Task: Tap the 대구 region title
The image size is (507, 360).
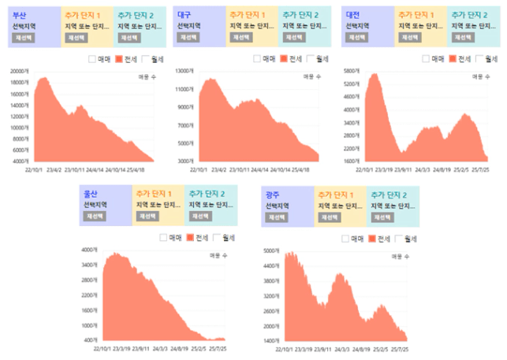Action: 185,15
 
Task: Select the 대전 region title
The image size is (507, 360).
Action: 353,15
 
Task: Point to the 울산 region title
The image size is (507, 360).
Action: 92,194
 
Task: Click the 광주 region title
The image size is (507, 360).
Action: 273,194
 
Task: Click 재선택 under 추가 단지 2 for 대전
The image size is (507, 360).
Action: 464,37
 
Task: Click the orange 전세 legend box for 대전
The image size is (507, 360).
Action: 453,58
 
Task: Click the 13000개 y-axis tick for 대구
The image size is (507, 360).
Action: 185,72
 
